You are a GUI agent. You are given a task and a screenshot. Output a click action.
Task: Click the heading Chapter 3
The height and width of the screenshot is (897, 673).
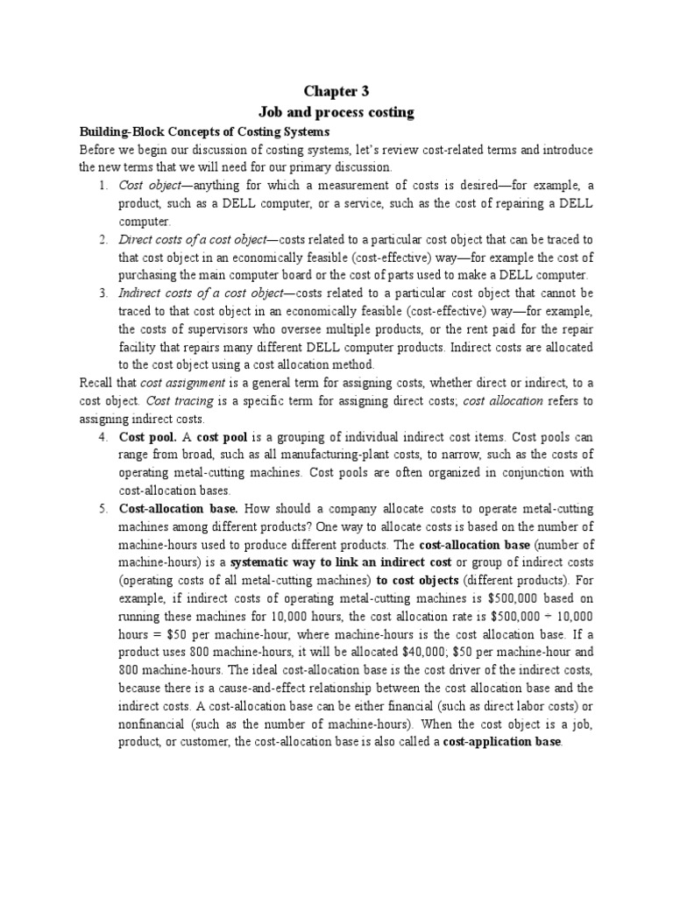(x=336, y=91)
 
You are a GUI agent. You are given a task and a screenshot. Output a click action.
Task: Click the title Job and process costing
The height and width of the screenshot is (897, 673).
(x=336, y=112)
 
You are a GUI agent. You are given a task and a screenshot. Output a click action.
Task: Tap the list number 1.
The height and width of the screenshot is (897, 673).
(x=102, y=185)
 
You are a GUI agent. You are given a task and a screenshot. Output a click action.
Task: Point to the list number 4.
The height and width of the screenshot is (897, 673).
(x=102, y=435)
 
